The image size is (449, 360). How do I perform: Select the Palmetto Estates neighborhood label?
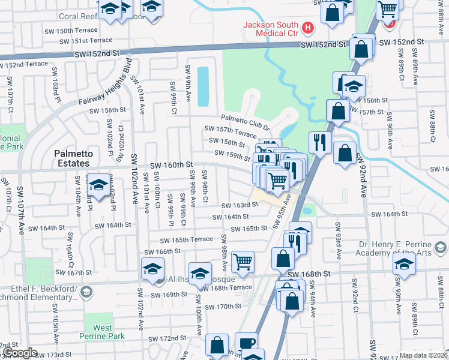73,158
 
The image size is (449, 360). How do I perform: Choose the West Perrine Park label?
103,332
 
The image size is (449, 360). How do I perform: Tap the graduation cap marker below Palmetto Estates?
98,184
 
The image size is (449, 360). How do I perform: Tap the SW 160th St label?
171,164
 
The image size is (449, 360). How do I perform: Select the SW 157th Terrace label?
231,131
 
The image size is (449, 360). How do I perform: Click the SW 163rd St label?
240,205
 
